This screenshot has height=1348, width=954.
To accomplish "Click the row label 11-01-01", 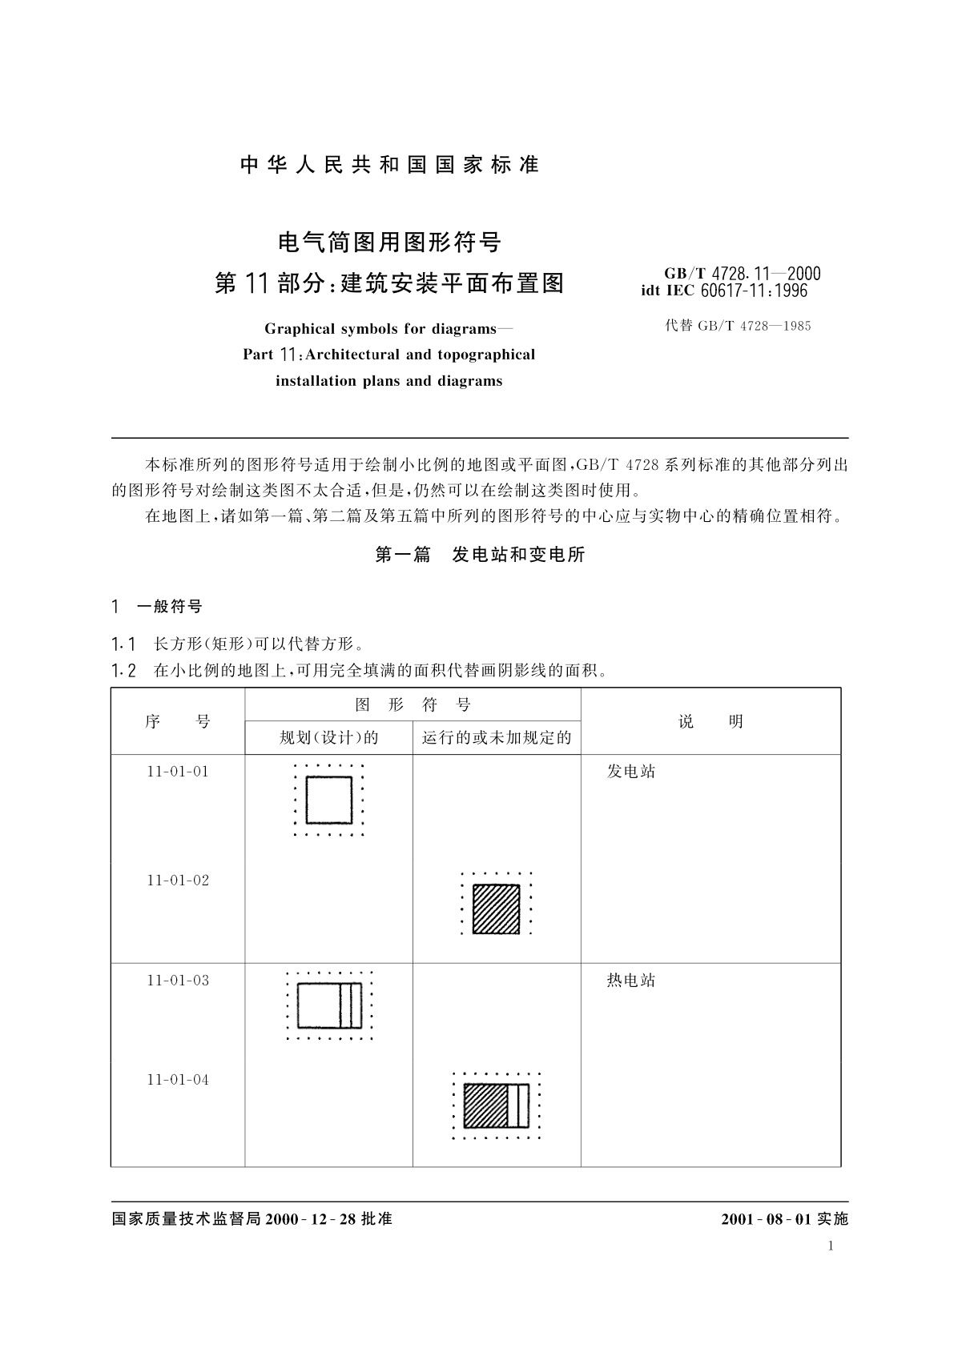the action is [x=178, y=772].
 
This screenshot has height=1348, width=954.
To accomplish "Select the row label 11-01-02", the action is [x=178, y=881].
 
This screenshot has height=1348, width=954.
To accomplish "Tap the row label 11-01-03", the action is [x=178, y=981].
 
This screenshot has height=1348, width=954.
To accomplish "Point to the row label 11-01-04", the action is [x=178, y=1080].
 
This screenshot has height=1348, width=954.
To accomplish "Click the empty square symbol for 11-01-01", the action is [x=329, y=800].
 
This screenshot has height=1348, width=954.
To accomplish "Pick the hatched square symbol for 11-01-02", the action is [x=497, y=909].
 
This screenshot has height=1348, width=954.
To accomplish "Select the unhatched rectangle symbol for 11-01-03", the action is [x=329, y=1005].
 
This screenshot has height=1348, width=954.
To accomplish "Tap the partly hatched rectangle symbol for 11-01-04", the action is [x=497, y=1105].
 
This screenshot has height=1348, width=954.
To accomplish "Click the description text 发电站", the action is [x=631, y=772].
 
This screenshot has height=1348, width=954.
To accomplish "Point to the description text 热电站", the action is [x=631, y=981].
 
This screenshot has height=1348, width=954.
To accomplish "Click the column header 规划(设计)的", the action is [x=329, y=737].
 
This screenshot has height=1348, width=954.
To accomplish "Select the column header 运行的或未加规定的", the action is [x=497, y=737].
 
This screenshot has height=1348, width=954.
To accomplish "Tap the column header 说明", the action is [x=710, y=721].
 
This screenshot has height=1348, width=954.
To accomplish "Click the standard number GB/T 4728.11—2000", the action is [x=743, y=274].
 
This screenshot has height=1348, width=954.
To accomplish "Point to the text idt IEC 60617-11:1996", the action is [x=724, y=291].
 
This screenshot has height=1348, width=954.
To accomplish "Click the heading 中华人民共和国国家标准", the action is [x=390, y=165].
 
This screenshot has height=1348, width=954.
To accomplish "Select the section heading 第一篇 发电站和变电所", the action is [x=480, y=555].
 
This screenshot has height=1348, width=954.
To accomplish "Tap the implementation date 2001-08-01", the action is [x=767, y=1219].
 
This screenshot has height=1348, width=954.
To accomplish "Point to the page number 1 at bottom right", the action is [x=831, y=1246].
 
